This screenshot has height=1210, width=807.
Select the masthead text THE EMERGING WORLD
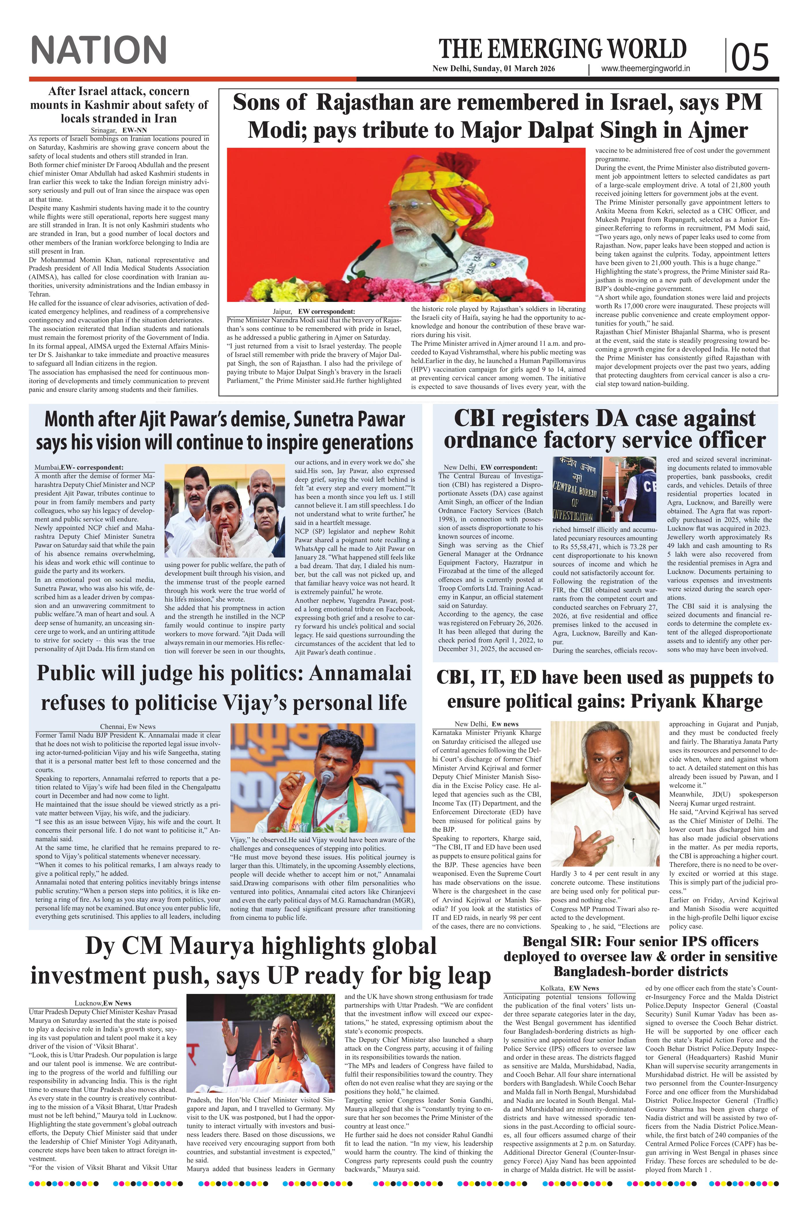563,49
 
